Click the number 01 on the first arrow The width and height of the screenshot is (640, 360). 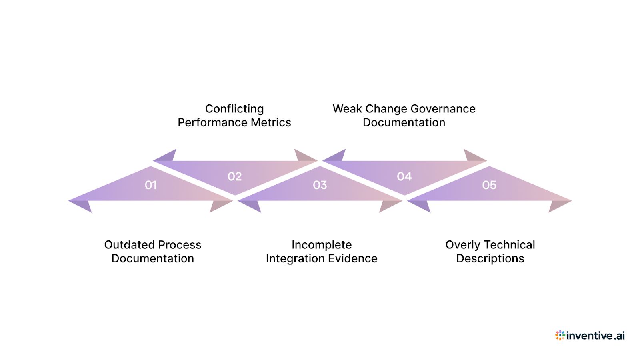click(x=150, y=185)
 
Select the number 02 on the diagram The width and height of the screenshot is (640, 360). click(x=234, y=176)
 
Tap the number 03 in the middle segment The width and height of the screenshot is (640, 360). click(x=320, y=185)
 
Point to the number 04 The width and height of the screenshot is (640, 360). click(x=404, y=176)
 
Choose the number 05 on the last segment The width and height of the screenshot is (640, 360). click(x=489, y=185)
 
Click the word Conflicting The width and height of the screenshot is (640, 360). click(x=234, y=109)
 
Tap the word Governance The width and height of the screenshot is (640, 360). click(x=443, y=109)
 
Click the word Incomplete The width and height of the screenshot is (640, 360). click(x=322, y=245)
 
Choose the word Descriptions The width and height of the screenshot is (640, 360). click(x=490, y=258)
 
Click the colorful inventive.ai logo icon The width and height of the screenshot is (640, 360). click(x=560, y=335)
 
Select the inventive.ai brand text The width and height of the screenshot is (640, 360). click(x=595, y=336)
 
